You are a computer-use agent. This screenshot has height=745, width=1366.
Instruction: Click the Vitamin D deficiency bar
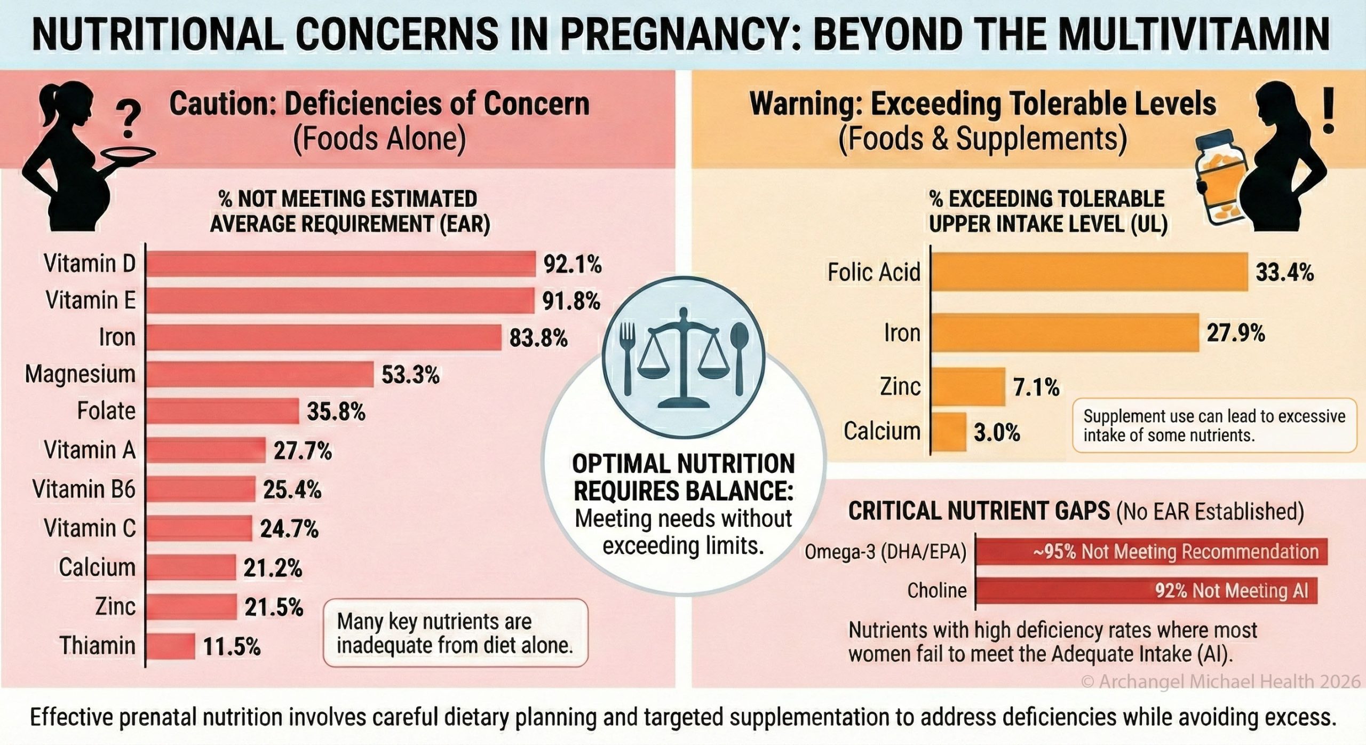[x=340, y=264]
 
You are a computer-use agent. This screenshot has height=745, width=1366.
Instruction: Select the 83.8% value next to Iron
[x=538, y=338]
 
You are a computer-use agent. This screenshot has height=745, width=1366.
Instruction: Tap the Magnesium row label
[x=80, y=374]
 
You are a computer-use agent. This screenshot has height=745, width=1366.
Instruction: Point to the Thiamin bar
[x=170, y=646]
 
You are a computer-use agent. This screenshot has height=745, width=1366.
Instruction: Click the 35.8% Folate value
[x=336, y=411]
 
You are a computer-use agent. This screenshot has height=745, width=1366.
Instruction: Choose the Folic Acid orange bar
[x=1089, y=272]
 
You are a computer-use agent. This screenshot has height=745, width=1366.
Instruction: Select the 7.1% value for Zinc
[x=1036, y=387]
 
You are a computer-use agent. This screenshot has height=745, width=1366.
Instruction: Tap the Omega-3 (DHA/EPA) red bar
[x=1151, y=551]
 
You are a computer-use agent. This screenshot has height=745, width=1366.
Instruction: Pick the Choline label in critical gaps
[x=936, y=590]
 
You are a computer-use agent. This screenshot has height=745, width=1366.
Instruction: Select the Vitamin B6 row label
[x=84, y=489]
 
